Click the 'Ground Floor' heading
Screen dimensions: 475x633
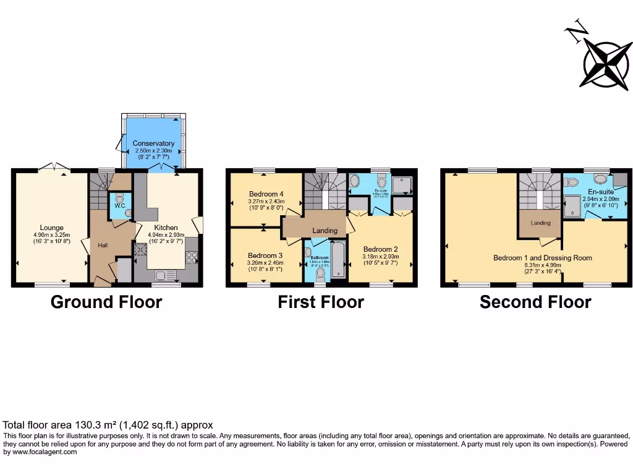pos(106,302)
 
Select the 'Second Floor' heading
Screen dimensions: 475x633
pos(535,302)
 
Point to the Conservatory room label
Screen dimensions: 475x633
pos(153,143)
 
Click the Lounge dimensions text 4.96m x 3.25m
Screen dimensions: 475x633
pos(52,235)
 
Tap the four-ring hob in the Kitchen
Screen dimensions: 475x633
pos(192,258)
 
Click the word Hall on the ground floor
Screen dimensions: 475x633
pos(103,246)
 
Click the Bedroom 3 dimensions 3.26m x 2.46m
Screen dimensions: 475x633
pos(265,263)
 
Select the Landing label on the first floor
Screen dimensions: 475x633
pos(325,231)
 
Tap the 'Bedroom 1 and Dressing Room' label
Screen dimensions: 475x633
pos(542,258)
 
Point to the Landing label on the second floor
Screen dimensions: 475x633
pos(540,223)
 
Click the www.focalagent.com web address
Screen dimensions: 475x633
pos(41,452)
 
